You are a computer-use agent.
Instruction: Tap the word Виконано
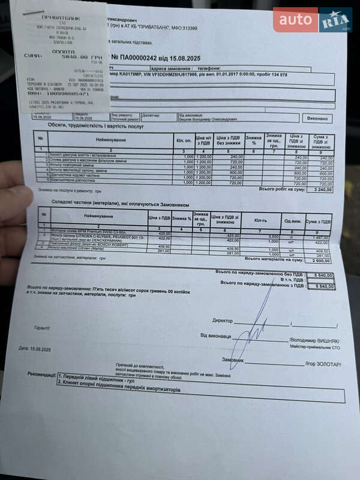[318, 118]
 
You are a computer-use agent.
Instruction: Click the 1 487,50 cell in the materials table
[319, 238]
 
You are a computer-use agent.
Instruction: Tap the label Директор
[222, 321]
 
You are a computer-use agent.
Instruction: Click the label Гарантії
[43, 328]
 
